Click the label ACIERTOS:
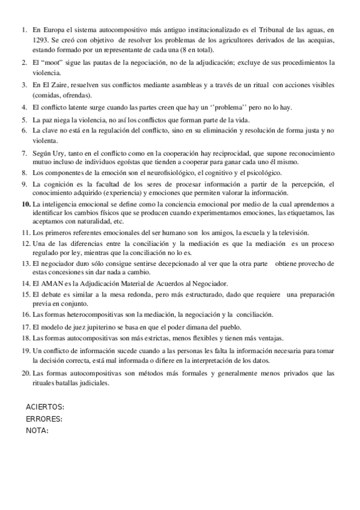(45, 408)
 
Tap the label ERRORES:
(44, 419)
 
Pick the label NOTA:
(37, 430)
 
